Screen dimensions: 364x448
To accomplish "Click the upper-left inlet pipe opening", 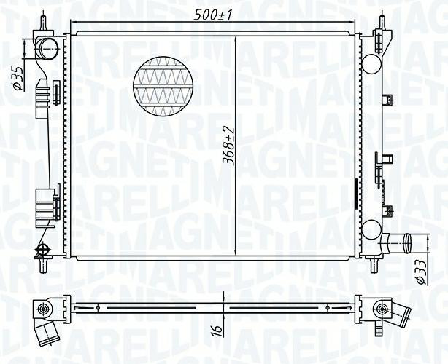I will tap(48, 51).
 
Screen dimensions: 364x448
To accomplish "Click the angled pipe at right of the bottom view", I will tap(398, 316).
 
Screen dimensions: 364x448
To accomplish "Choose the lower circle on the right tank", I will tap(371, 228).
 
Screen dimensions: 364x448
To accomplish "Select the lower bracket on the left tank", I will tap(47, 205).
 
